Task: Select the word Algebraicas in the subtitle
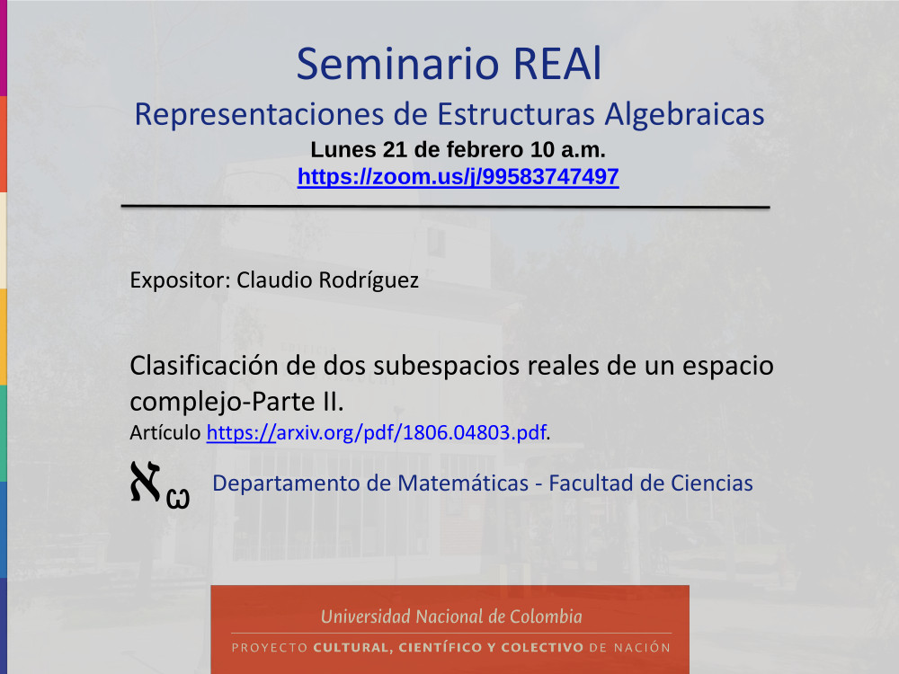(684, 115)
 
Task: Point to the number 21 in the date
(395, 149)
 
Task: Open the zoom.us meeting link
(458, 176)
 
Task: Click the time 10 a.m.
(567, 149)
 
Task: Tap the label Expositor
(180, 280)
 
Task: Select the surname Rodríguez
(368, 280)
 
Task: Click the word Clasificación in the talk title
(204, 365)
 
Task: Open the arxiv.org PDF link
(376, 432)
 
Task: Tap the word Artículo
(165, 432)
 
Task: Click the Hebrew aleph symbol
(145, 482)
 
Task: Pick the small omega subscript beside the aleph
(178, 498)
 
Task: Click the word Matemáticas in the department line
(463, 483)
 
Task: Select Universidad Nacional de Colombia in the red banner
(451, 616)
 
